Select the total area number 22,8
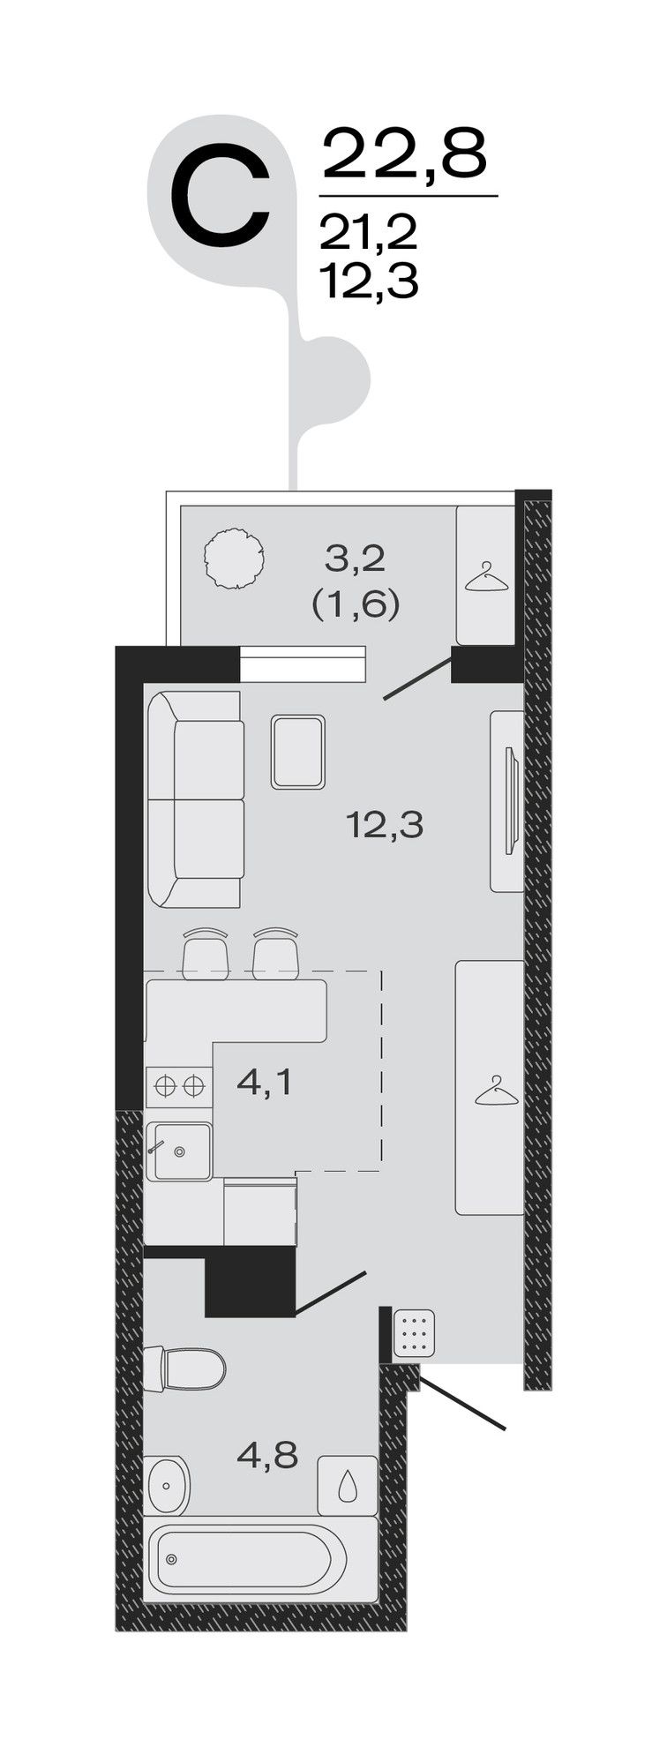(405, 155)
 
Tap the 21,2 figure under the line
(367, 233)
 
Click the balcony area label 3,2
(356, 559)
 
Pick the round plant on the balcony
(235, 558)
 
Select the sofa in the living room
(195, 799)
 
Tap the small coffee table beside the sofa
(298, 752)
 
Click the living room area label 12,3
(386, 827)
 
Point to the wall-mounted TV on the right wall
(509, 800)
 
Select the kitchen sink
(179, 1151)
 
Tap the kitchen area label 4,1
(264, 1083)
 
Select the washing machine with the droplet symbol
(348, 1486)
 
